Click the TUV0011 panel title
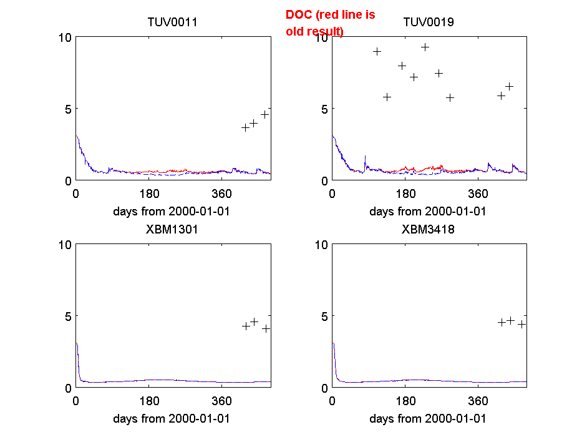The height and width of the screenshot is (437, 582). coord(172,22)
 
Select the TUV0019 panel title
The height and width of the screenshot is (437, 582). coord(429,22)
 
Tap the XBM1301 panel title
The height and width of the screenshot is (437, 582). coord(172,229)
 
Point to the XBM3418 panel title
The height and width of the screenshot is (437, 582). coord(429,229)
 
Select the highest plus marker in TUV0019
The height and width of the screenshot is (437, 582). coord(425,47)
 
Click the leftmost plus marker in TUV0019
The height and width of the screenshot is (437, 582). coord(377,51)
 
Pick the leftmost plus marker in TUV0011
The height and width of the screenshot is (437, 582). coord(246,127)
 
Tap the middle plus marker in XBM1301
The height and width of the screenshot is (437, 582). coord(254,322)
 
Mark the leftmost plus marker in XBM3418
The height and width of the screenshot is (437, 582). coord(502,322)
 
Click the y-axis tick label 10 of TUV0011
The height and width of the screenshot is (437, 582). coord(64,37)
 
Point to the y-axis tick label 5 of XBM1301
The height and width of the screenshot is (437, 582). coord(67,316)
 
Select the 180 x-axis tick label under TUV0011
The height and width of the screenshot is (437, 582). coord(149,194)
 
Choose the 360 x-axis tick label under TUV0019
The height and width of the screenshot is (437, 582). coord(478,194)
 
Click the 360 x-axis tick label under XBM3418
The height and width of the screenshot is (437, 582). coord(478,401)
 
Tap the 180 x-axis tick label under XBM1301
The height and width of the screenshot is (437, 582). coord(149,401)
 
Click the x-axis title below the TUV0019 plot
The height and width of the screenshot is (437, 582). coord(428,211)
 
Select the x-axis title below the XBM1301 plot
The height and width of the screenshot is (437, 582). coord(172,418)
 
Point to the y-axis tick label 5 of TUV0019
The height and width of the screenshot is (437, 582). coord(324,109)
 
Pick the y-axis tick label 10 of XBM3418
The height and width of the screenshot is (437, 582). coord(321,244)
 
